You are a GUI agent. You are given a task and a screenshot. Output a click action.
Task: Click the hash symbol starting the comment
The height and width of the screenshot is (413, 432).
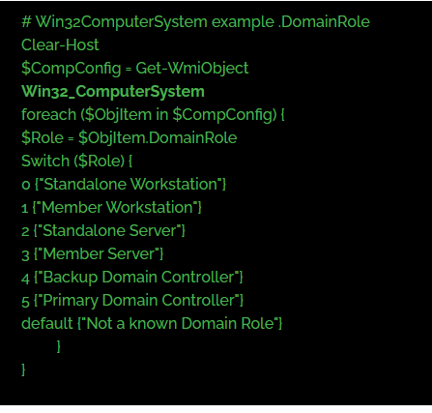[26, 22]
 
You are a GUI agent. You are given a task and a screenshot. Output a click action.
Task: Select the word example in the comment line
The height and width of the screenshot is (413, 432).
[243, 22]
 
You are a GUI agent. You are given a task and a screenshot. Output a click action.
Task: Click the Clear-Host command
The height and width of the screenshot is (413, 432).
[60, 44]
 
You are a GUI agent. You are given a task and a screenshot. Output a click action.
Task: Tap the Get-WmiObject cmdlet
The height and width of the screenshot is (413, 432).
[192, 69]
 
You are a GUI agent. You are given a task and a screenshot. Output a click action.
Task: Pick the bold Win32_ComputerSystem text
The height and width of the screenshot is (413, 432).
[113, 92]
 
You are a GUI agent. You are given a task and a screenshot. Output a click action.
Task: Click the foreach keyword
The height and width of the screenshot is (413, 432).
[48, 114]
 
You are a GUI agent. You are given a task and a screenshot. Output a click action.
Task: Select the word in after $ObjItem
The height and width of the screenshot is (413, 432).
[162, 114]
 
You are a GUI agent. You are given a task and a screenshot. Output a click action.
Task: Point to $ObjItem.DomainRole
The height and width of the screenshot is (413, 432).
[158, 138]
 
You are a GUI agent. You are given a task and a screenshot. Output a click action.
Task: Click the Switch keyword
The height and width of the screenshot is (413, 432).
[45, 161]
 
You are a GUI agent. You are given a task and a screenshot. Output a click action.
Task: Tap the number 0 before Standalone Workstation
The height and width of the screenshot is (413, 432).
[26, 185]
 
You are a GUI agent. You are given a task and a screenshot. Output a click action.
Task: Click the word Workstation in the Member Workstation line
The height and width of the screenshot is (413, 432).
[149, 207]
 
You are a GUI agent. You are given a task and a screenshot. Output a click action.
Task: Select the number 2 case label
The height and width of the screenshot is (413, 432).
[25, 231]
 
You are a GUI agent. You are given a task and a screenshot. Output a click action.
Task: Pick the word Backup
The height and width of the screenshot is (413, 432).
[71, 278]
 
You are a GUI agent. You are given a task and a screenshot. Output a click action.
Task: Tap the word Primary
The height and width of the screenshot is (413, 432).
[71, 301]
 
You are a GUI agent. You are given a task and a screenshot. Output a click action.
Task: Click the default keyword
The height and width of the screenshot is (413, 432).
[47, 323]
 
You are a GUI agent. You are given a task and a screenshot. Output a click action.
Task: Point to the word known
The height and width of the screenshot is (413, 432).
[153, 323]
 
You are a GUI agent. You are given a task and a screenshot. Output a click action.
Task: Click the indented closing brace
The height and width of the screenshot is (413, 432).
[58, 346]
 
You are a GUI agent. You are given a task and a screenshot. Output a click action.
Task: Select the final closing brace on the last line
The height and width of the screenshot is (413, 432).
[23, 369]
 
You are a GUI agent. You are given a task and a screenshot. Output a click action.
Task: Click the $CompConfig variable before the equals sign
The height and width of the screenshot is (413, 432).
[72, 69]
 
